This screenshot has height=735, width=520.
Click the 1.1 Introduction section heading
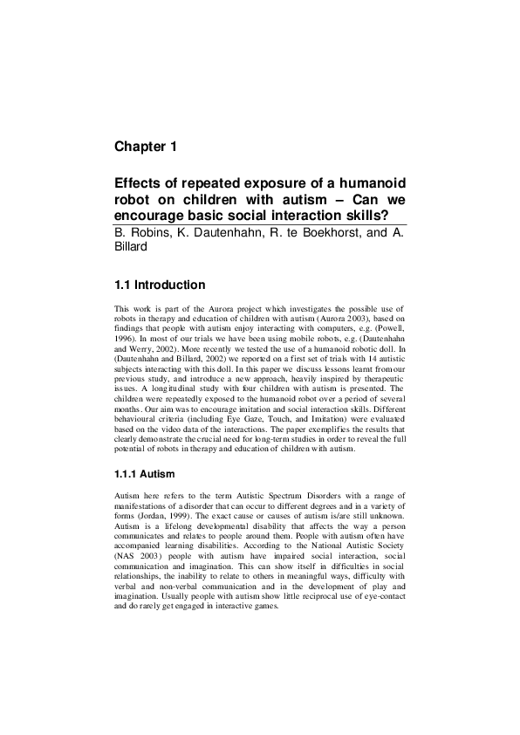(x=160, y=285)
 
